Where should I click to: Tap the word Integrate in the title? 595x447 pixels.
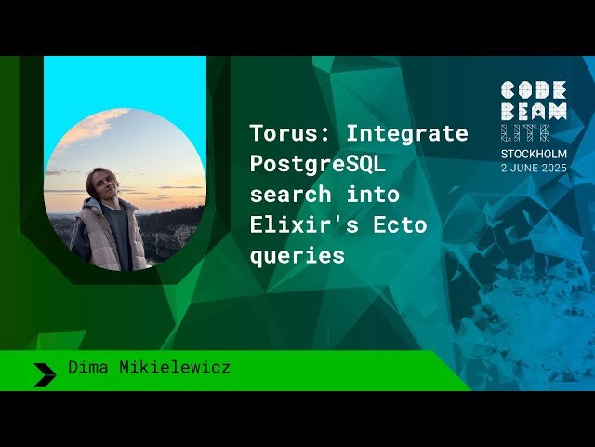point(407,134)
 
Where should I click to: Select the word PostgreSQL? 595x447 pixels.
point(316,165)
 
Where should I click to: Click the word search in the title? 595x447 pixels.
point(290,195)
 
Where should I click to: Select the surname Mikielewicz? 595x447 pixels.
point(175,368)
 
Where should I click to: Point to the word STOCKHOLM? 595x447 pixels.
point(533,154)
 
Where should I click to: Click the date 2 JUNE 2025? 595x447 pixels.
point(533,169)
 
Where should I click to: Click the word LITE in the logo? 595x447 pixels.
point(524,132)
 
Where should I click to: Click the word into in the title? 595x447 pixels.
point(377,195)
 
